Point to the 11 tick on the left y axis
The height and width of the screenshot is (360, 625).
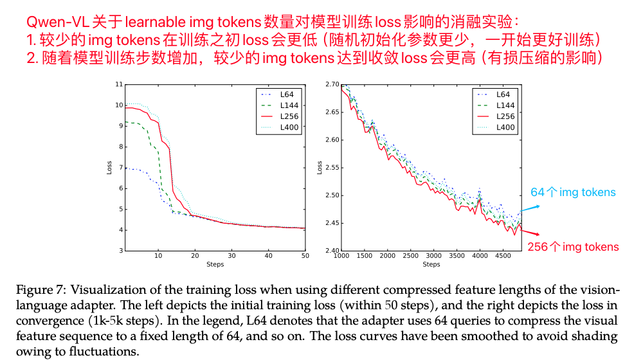118,84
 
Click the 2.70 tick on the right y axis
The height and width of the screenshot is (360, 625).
332,84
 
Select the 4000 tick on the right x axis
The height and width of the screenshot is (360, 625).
480,256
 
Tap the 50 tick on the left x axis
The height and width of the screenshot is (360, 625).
305,256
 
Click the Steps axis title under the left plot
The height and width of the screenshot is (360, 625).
215,264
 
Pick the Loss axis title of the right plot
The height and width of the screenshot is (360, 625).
320,167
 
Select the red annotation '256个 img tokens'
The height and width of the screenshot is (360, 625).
573,247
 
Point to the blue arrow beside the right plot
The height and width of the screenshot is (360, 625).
530,207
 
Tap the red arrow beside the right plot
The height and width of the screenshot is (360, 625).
531,235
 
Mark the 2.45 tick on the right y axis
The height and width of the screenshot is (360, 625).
332,223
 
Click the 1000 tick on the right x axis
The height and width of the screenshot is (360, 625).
341,256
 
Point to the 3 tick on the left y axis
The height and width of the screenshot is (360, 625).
120,251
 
